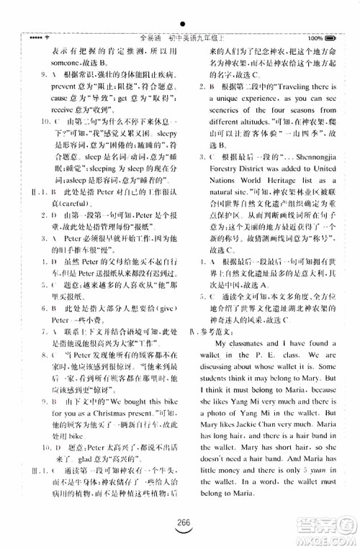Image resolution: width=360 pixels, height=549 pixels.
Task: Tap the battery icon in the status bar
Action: coord(330,37)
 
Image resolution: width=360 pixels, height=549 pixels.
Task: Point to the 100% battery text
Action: coord(314,37)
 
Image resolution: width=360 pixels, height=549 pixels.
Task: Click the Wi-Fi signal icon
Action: coord(48,37)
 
